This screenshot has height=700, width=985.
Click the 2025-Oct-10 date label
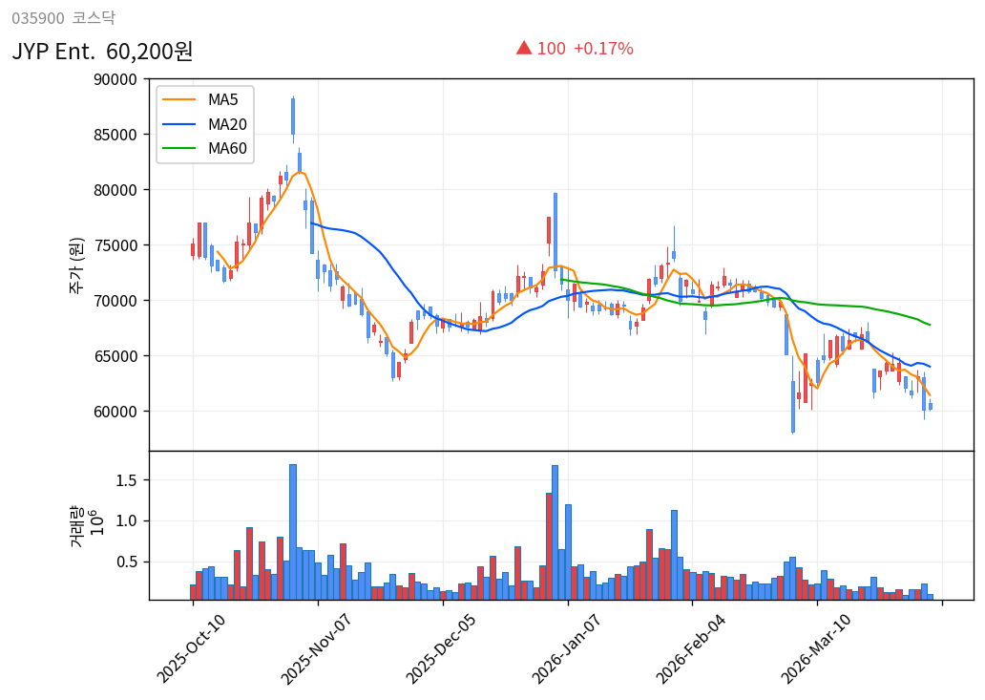(191, 649)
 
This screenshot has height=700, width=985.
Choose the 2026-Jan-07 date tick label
(566, 649)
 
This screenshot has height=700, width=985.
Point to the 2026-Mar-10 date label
(816, 649)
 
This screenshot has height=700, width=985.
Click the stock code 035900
(38, 18)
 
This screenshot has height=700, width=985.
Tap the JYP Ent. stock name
(54, 52)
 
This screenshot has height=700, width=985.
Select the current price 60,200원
(150, 52)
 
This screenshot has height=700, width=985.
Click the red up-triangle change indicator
(523, 48)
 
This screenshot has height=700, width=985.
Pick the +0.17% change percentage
(603, 49)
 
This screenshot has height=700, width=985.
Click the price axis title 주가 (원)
(75, 265)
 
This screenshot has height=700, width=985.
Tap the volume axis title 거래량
(75, 526)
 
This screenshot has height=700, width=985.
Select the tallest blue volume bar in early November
(293, 531)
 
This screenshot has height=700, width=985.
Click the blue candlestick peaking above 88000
(293, 117)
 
